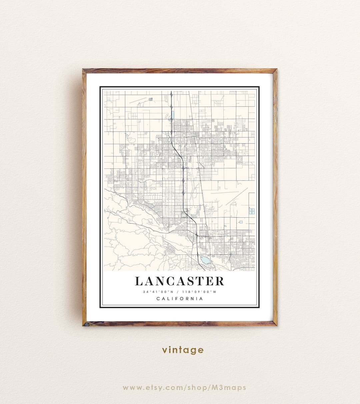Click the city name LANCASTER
point(179,281)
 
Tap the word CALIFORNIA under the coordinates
point(180,298)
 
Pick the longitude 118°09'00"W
point(202,292)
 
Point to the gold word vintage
point(183,350)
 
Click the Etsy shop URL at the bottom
point(184,387)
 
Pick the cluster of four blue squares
point(252,211)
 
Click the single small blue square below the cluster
point(241,222)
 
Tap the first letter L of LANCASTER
point(139,281)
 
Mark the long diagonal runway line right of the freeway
point(237,196)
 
